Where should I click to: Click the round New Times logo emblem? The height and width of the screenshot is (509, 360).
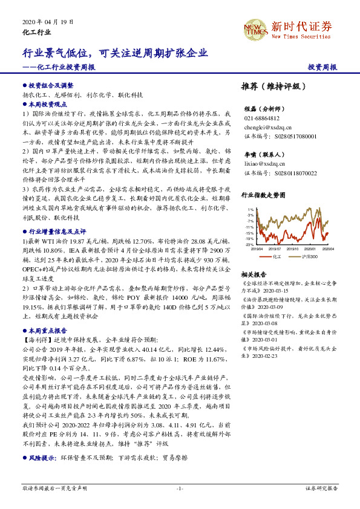(254, 28)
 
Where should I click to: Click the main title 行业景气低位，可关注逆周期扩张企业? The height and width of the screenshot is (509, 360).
(115, 53)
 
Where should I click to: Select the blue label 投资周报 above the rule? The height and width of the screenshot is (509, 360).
(322, 67)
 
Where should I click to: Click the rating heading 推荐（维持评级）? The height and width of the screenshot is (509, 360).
(274, 86)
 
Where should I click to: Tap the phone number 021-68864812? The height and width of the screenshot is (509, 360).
(262, 118)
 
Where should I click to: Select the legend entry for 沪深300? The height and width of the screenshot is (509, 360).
(310, 256)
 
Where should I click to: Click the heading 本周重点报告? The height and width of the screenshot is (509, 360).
(48, 331)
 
